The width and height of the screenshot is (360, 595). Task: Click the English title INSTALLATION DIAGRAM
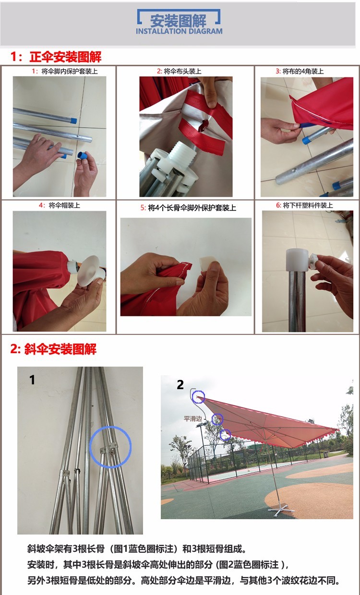point(179,31)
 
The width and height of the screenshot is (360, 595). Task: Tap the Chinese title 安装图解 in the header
point(178,21)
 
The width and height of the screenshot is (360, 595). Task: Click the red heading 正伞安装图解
point(65,57)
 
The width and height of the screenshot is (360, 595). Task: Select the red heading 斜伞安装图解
point(60,349)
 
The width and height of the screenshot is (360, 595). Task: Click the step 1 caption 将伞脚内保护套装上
point(70,71)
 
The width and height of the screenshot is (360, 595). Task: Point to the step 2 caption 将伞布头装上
point(182,71)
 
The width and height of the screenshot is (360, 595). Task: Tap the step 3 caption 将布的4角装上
point(303,71)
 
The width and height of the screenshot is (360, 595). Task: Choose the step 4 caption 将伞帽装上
point(64,205)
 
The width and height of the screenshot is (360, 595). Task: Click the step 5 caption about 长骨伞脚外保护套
point(192,208)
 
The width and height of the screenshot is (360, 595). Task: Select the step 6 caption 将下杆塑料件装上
point(308,205)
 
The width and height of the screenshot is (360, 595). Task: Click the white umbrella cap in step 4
point(88,271)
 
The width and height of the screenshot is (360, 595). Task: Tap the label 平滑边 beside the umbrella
point(192,418)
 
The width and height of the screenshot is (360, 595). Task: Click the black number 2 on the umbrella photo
point(180,385)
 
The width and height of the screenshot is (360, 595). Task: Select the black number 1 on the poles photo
point(32,380)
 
